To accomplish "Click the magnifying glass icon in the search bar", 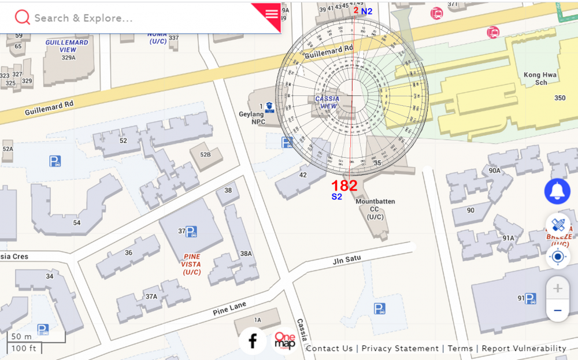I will click(23, 17).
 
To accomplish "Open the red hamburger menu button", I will click(272, 14).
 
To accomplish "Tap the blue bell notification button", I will click(557, 191).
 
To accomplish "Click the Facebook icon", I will click(253, 341).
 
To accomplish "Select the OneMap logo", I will click(284, 341).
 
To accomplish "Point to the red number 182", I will click(344, 185).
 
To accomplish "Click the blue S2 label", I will click(336, 197).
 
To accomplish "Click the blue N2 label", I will click(366, 11).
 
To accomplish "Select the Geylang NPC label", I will click(251, 118).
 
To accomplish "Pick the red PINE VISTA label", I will click(191, 264).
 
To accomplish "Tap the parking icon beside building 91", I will click(530, 298).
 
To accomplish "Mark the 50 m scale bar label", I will click(21, 336).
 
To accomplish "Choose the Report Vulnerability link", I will click(524, 348).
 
